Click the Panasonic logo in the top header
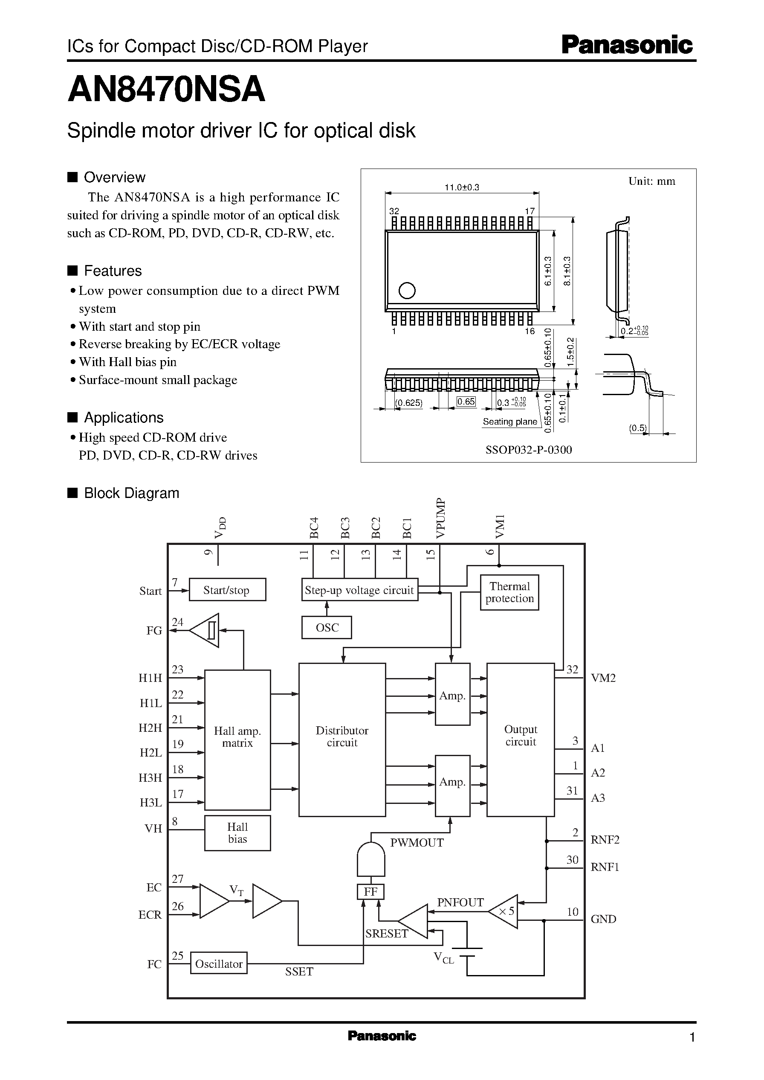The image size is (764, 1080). pos(627,45)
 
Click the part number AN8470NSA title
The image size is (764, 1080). pos(167,90)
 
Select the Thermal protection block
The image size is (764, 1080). pos(509,592)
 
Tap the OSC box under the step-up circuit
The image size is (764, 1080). pos(327,628)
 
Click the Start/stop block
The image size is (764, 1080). pos(227,590)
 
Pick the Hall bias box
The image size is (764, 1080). pos(237,833)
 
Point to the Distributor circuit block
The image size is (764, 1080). pos(342,736)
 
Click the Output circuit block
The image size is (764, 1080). pos(520,735)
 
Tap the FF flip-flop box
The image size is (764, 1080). pos(371,892)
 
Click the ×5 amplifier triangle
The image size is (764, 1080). pos(505,911)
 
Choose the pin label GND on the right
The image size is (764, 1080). pos(603,919)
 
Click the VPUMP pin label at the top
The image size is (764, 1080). pos(440,518)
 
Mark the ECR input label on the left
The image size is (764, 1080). pos(150,915)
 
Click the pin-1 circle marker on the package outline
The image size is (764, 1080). pos(407,291)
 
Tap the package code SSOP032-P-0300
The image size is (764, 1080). pos(528,450)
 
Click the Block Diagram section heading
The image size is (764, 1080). pos(131,493)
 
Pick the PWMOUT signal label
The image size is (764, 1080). pos(417,843)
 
